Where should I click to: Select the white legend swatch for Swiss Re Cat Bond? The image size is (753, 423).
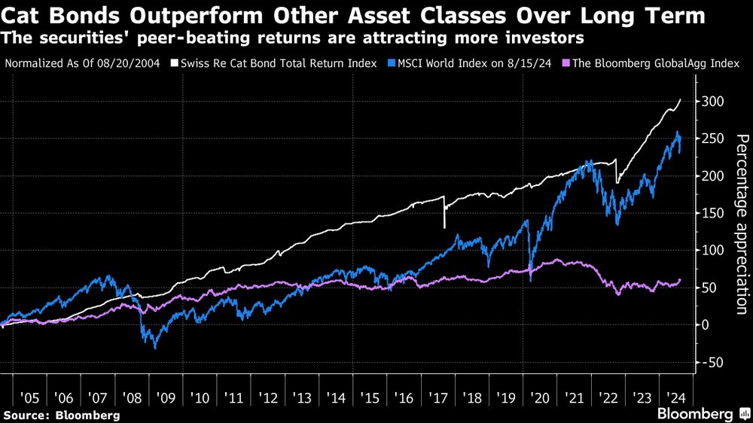(x=174, y=63)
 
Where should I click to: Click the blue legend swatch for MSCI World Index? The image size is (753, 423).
(x=391, y=63)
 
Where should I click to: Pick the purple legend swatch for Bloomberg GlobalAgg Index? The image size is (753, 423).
(x=566, y=63)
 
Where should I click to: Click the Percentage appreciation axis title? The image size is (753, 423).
(x=742, y=224)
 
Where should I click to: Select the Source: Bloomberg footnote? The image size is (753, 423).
(x=62, y=415)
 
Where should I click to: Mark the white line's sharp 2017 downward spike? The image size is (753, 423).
(x=444, y=227)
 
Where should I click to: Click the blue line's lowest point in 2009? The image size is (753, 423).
(x=155, y=348)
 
